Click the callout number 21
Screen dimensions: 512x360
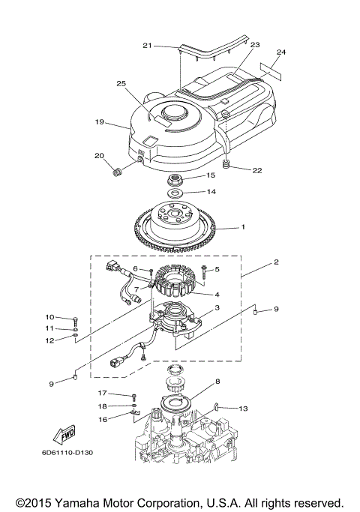(147, 46)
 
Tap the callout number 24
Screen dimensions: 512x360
(281, 52)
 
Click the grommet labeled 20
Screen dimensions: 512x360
(116, 173)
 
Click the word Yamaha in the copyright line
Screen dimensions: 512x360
(95, 503)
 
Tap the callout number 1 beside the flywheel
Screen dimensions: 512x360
(242, 226)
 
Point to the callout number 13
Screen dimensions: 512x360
(243, 409)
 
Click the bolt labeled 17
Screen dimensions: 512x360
(133, 396)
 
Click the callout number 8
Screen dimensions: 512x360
(218, 382)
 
